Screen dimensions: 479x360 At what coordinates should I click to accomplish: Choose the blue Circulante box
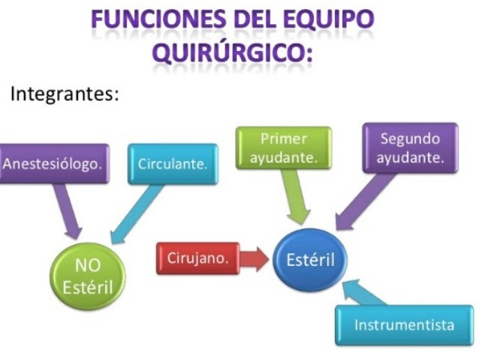coord(172,164)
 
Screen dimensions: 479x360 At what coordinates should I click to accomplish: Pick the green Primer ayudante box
coord(284,148)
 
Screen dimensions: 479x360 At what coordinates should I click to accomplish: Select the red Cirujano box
coord(197,259)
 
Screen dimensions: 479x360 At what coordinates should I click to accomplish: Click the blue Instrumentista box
coord(404,325)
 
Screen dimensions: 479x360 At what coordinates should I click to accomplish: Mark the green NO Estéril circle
coord(87,277)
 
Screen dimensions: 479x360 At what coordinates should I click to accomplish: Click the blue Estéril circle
coord(310,260)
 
